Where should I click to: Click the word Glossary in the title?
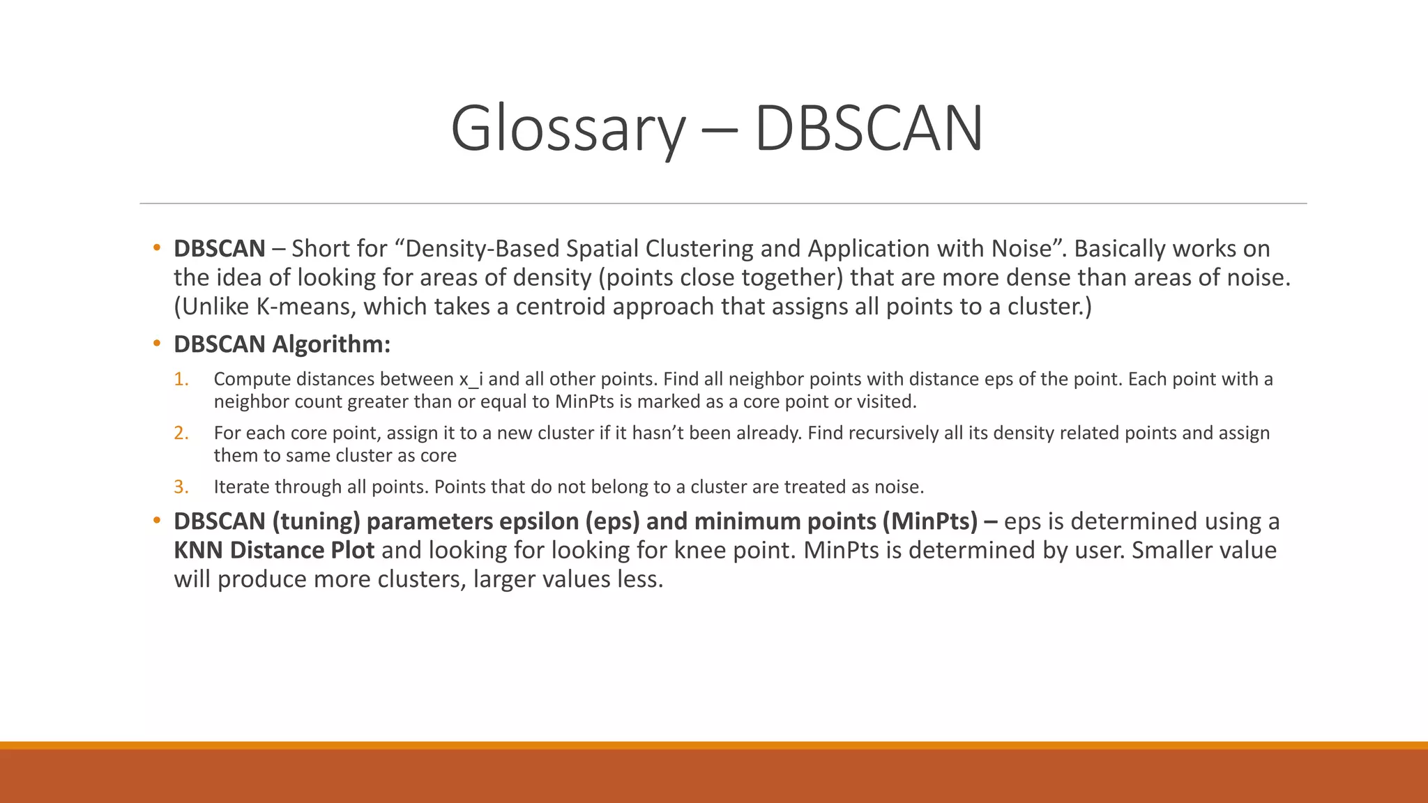coord(568,130)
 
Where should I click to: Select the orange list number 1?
coord(181,379)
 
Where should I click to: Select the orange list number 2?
coord(181,433)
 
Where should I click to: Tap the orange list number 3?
coord(181,487)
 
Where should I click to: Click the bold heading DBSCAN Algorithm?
coord(282,344)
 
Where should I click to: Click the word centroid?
coord(563,307)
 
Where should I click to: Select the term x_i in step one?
coord(470,380)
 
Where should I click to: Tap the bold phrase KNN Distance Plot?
coord(274,550)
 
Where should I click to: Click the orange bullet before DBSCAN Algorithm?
coord(157,344)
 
